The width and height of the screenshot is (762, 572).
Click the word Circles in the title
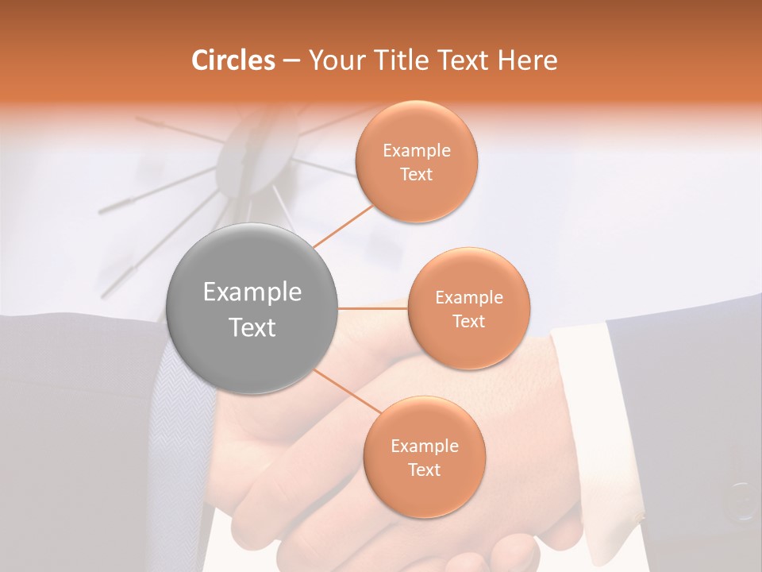[233, 60]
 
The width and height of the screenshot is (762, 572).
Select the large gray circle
[252, 308]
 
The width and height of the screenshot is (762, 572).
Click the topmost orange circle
[416, 161]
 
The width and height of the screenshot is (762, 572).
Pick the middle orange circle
[468, 308]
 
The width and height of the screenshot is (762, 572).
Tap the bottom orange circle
[424, 457]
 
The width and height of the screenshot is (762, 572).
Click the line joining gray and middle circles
[373, 308]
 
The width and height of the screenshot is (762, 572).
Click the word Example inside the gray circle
[252, 292]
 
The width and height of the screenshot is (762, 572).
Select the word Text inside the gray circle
[252, 327]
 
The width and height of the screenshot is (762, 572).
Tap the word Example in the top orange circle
[416, 151]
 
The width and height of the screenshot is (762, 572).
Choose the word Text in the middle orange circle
[468, 321]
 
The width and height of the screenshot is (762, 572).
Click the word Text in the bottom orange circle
[424, 470]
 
